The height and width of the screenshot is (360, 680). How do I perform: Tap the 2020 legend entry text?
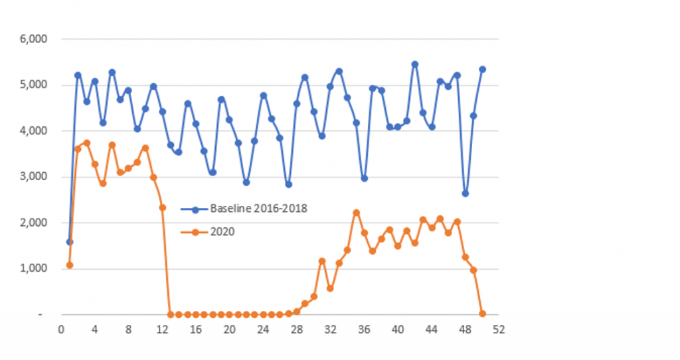(x=220, y=231)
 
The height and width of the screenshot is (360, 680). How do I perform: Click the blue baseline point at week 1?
(x=70, y=242)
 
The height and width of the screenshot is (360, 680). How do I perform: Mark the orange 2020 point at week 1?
(x=70, y=265)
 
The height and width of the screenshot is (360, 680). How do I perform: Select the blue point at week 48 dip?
(x=466, y=193)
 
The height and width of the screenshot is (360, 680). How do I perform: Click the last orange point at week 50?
(x=482, y=314)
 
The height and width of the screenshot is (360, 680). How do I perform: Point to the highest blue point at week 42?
(x=415, y=64)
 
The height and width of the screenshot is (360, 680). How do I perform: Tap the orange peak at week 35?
(x=356, y=213)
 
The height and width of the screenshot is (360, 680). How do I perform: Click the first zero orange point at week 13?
(x=171, y=314)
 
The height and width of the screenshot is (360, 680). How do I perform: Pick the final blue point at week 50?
(x=482, y=69)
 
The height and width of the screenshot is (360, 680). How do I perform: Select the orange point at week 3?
(x=86, y=143)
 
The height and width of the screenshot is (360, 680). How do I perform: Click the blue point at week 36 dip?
(x=364, y=178)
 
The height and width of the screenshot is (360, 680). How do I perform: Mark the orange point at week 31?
(x=322, y=261)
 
